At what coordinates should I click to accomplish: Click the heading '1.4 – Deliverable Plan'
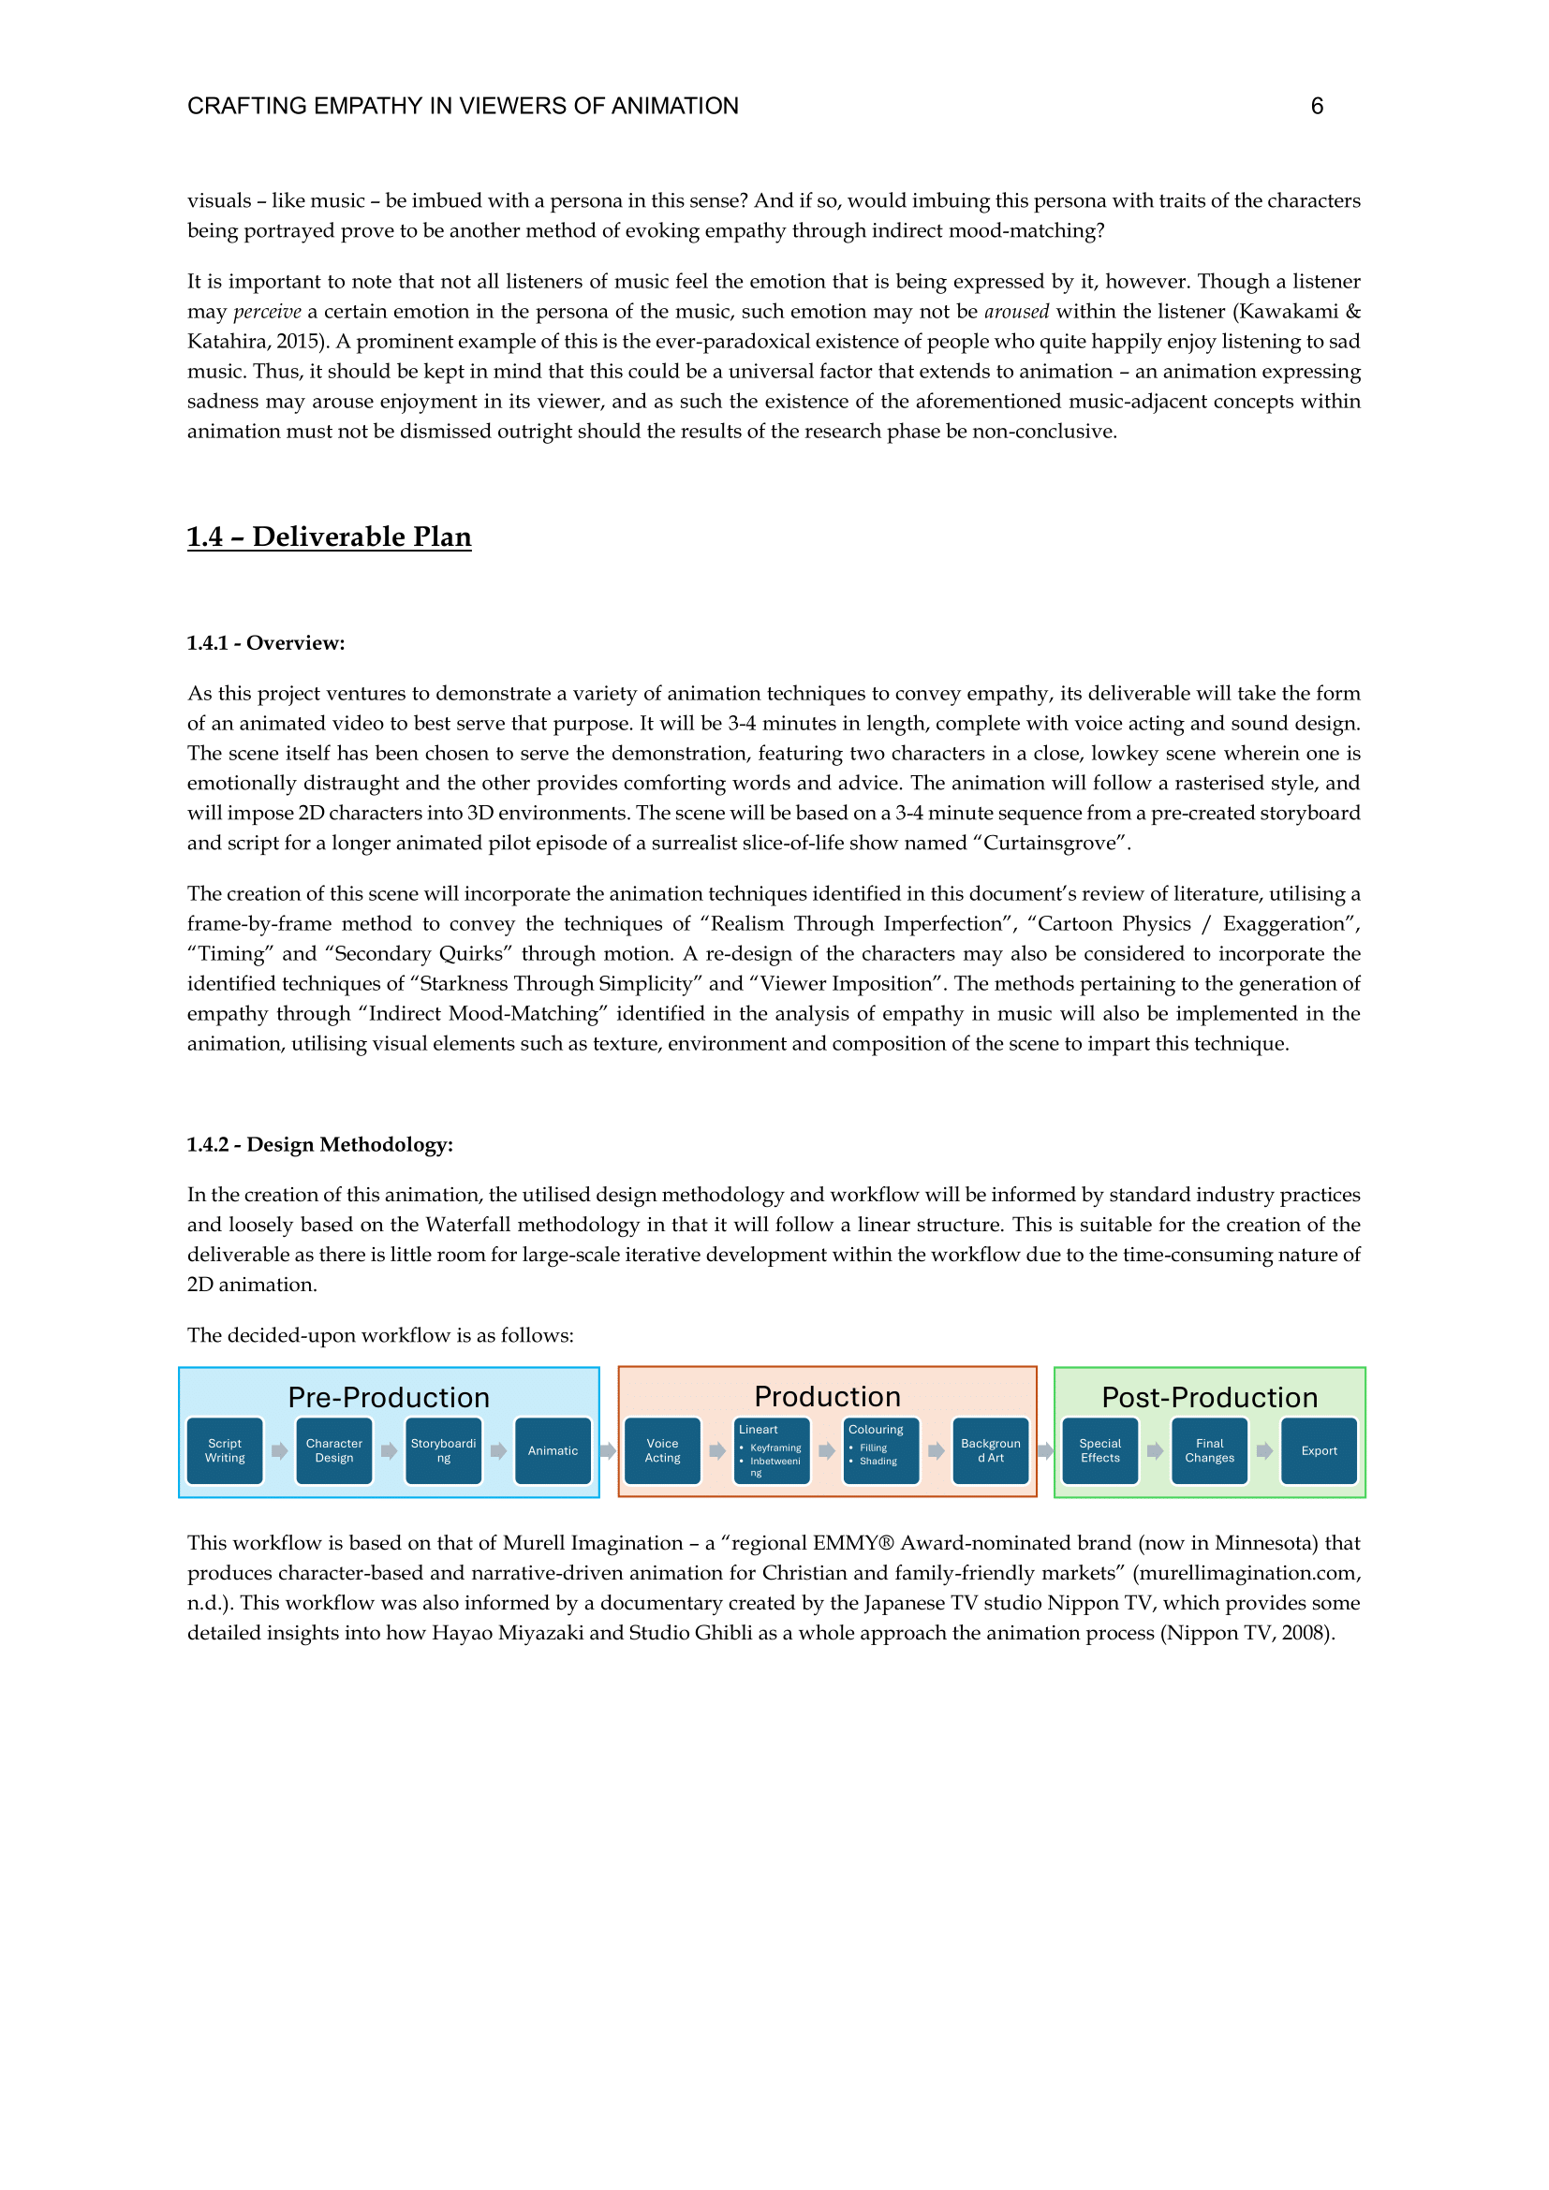[x=329, y=537]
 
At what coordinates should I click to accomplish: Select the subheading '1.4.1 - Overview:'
[x=265, y=643]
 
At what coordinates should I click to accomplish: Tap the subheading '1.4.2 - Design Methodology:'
[x=319, y=1144]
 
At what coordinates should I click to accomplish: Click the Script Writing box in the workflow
[x=225, y=1450]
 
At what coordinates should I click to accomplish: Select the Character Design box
[x=333, y=1450]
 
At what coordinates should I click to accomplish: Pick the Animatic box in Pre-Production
[x=553, y=1450]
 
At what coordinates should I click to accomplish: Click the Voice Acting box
[x=662, y=1450]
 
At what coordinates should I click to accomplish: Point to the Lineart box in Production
[x=772, y=1450]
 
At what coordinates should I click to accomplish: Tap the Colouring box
[x=881, y=1450]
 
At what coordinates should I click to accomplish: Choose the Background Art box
[x=991, y=1450]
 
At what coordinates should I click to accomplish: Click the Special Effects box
[x=1099, y=1450]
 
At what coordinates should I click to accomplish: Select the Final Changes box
[x=1209, y=1450]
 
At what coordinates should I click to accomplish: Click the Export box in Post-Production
[x=1320, y=1450]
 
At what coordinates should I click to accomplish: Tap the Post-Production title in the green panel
[x=1209, y=1397]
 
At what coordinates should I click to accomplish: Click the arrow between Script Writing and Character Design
[x=279, y=1450]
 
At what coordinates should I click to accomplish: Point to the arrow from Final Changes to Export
[x=1264, y=1450]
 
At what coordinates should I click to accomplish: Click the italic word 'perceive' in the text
[x=267, y=312]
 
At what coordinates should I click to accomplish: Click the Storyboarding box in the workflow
[x=444, y=1450]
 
